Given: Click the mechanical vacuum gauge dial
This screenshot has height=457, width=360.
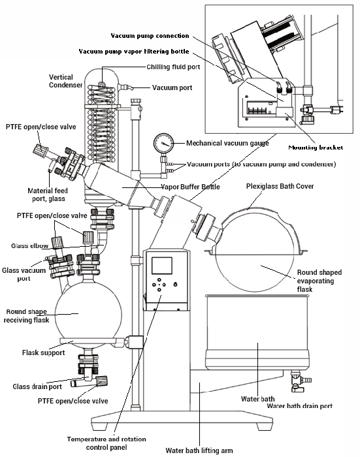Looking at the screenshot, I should tap(164, 143).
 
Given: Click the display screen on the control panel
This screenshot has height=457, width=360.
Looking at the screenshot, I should tap(161, 266).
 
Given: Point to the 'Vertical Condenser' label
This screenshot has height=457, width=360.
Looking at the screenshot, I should tap(65, 81).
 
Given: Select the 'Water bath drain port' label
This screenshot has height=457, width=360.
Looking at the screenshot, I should tap(299, 405).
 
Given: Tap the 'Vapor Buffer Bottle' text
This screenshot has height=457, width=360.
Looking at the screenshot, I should tap(191, 187).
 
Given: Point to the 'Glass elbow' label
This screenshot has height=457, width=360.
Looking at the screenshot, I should tap(29, 245).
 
